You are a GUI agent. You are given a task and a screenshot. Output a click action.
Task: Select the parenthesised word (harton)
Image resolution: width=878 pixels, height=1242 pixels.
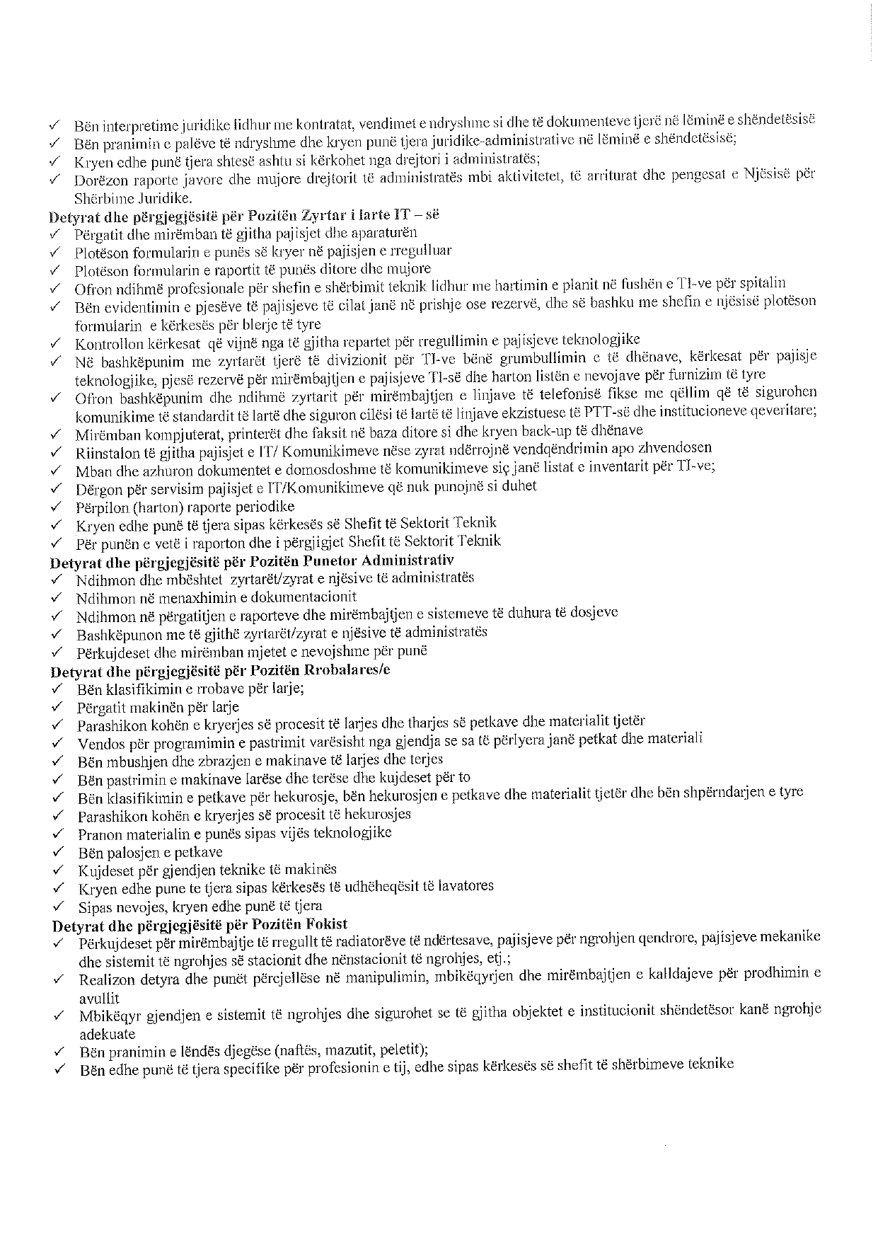tap(151, 507)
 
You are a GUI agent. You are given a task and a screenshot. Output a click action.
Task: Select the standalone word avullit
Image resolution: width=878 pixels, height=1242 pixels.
tap(99, 998)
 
